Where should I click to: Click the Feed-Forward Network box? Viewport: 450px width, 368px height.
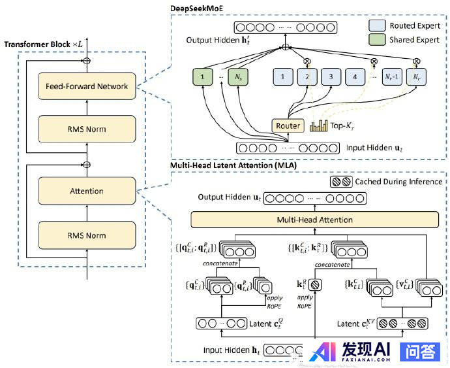[x=87, y=86]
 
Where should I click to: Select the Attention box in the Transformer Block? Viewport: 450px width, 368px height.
[x=87, y=191]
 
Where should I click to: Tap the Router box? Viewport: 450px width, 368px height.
[x=288, y=125]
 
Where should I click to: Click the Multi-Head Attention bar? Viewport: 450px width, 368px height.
[x=314, y=220]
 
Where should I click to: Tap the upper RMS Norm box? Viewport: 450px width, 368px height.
[x=87, y=129]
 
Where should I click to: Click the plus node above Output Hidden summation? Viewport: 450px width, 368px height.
[x=285, y=46]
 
